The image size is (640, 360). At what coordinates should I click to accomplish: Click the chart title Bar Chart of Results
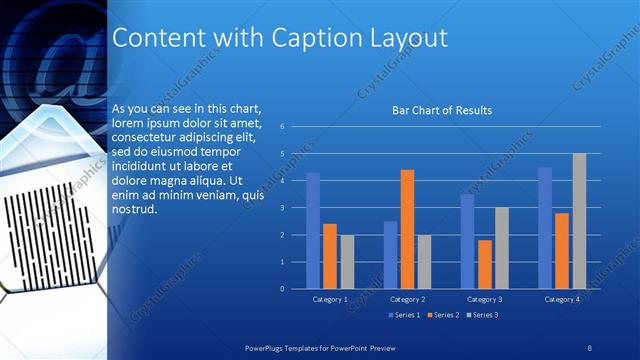click(441, 110)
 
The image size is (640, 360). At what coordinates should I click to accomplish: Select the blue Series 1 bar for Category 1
click(313, 230)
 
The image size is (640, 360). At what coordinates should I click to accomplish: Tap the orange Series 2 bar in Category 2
click(407, 229)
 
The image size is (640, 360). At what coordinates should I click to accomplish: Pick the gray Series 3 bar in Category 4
click(579, 221)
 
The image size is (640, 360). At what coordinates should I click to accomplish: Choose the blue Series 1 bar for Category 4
click(545, 228)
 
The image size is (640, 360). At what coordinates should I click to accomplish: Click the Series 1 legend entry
click(403, 315)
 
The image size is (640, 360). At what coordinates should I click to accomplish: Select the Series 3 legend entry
click(481, 315)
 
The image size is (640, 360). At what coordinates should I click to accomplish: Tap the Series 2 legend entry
click(442, 315)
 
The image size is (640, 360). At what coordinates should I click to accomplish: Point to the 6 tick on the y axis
click(283, 127)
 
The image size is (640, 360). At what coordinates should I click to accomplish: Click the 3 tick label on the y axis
click(283, 208)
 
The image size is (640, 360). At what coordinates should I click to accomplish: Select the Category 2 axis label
click(407, 299)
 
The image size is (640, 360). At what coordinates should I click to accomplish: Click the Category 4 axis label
click(561, 299)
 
